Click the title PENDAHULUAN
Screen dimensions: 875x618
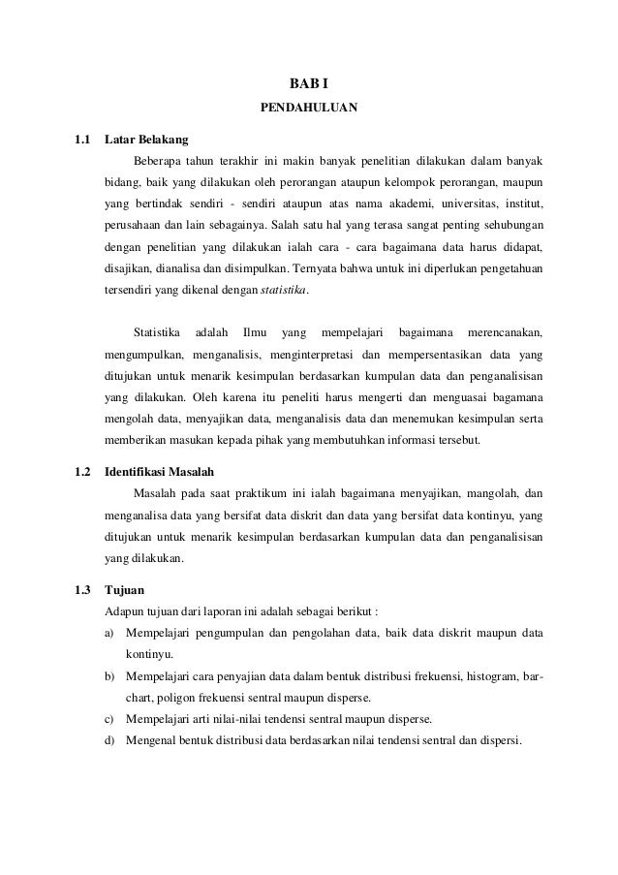309,110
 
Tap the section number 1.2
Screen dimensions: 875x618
83,475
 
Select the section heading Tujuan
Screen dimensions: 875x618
123,590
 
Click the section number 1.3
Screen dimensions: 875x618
83,590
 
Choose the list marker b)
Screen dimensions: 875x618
109,676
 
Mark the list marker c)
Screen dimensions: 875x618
109,720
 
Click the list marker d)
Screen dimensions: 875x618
109,741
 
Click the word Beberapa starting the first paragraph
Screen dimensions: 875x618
162,160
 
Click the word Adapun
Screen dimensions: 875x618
124,611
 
